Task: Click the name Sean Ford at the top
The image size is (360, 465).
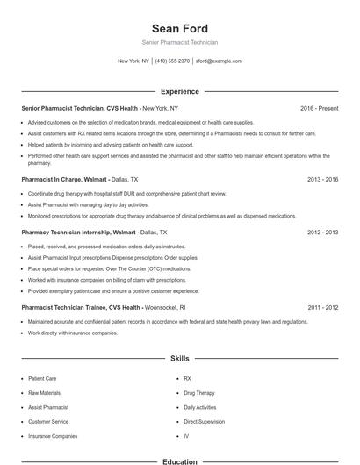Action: point(179,28)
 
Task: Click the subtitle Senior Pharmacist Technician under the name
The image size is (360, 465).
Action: point(179,42)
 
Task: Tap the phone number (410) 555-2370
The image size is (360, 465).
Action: point(172,61)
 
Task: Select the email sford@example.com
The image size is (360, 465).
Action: point(219,61)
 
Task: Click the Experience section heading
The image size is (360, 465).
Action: point(179,91)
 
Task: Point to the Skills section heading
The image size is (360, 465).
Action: point(179,359)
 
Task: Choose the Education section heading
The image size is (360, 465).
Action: point(179,461)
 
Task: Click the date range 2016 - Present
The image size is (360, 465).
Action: point(319,108)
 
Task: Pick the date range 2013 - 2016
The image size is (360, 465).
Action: point(322,178)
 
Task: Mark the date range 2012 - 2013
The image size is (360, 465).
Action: point(322,232)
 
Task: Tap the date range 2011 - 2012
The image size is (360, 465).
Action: point(322,308)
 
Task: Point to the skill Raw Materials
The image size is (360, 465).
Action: point(44,393)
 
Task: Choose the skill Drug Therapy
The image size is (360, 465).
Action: point(198,393)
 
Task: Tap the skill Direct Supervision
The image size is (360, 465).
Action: point(204,421)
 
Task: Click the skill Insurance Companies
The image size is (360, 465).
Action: point(53,435)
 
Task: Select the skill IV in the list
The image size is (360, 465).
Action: point(186,435)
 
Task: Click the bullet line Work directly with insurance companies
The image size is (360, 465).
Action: point(72,333)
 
